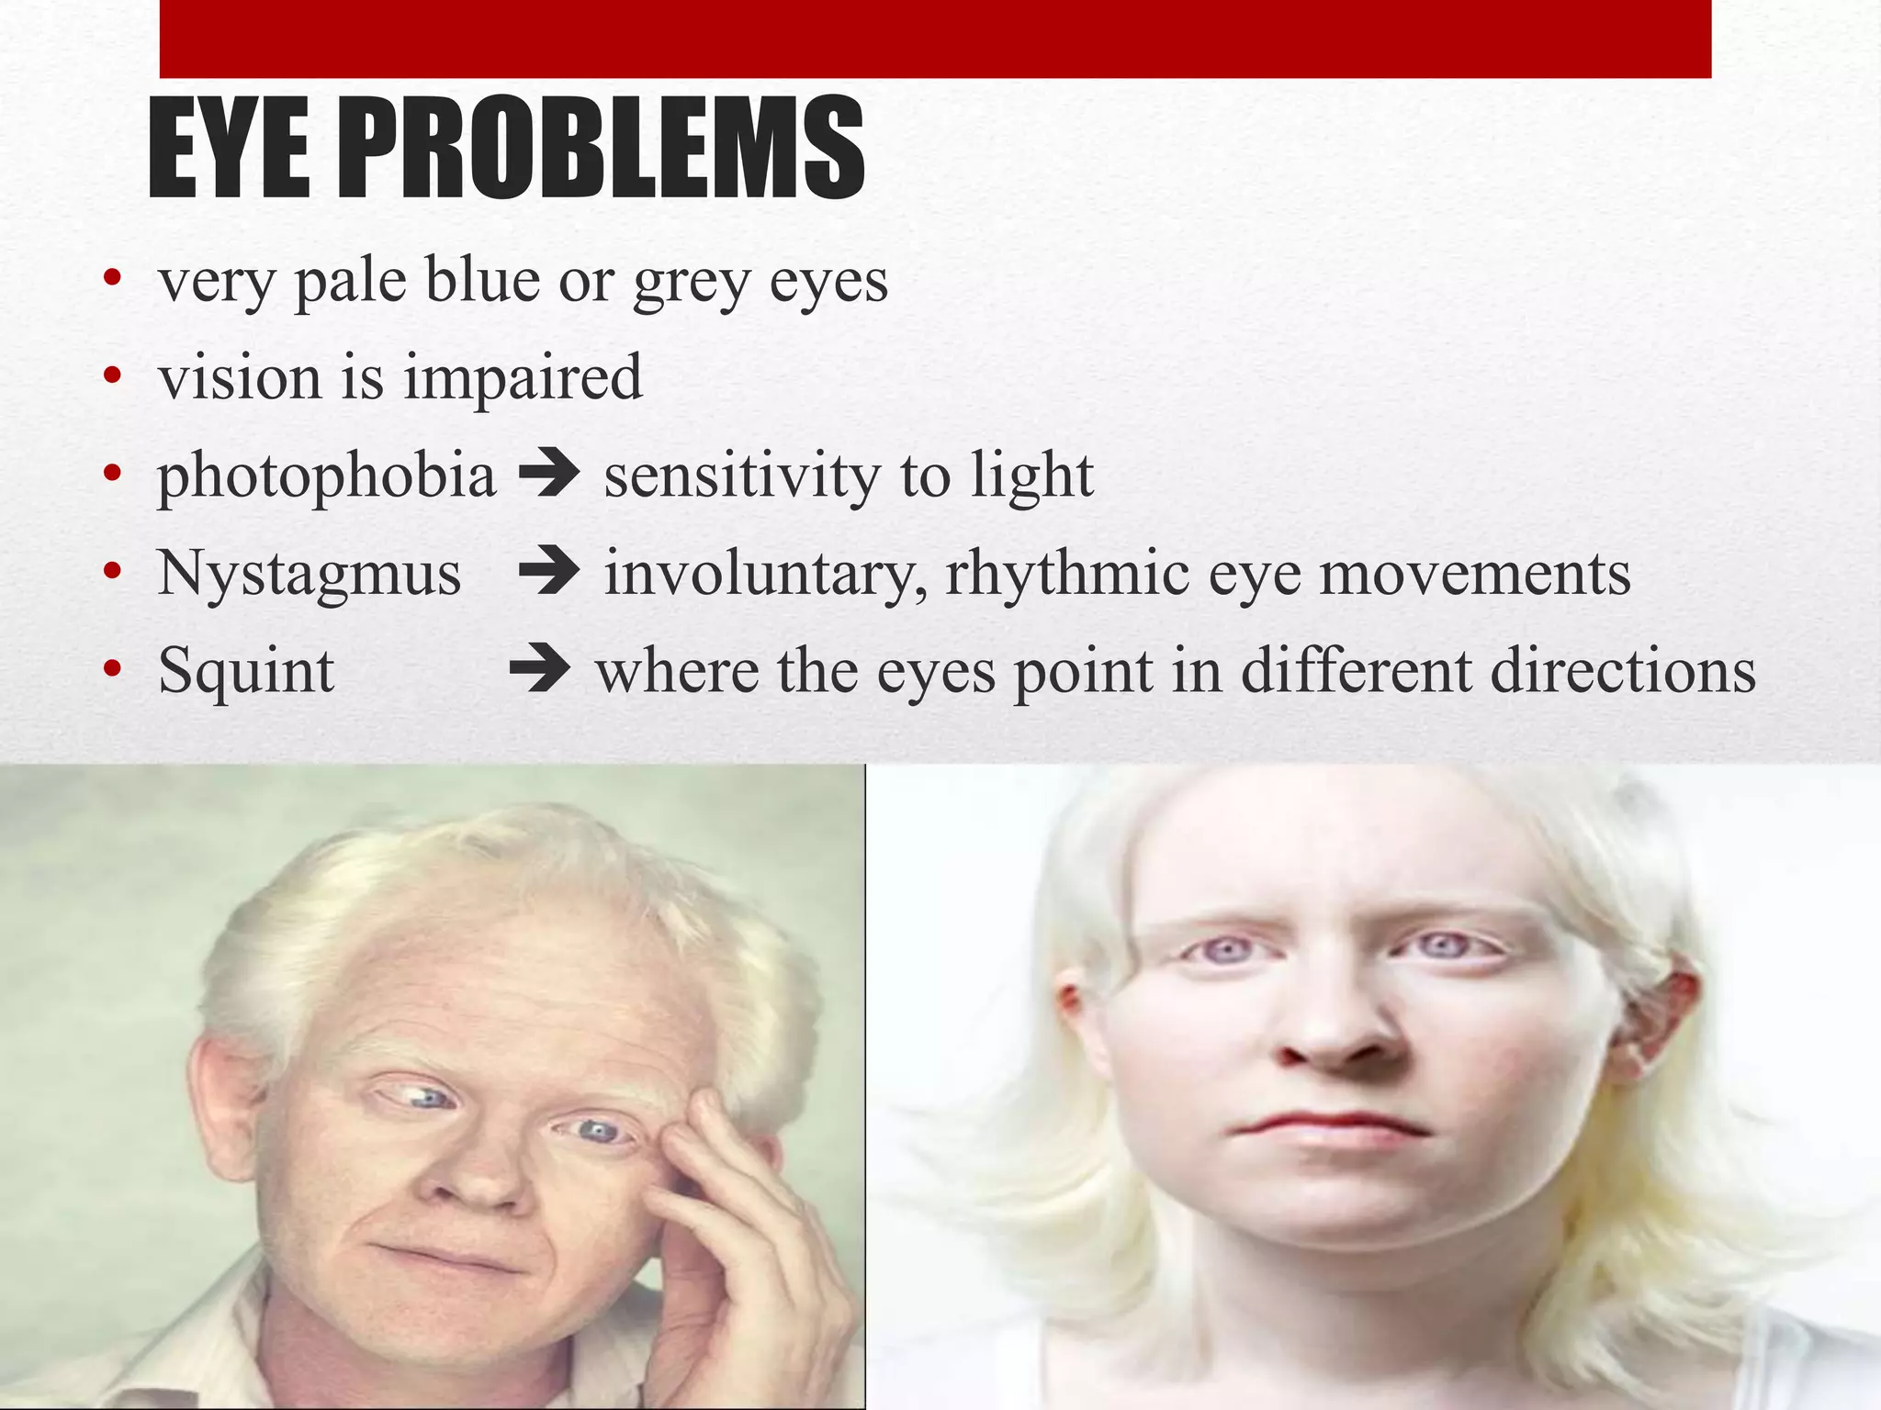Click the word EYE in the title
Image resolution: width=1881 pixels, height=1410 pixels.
229,149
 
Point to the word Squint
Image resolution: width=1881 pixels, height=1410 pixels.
245,671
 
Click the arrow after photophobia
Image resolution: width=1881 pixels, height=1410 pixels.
549,475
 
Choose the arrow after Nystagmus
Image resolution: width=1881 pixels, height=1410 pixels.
549,572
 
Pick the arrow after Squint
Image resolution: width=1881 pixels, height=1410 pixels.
540,669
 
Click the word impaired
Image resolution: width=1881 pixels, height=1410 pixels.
523,379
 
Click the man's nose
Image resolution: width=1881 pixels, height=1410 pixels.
478,1184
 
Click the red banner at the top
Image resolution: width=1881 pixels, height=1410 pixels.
935,39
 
